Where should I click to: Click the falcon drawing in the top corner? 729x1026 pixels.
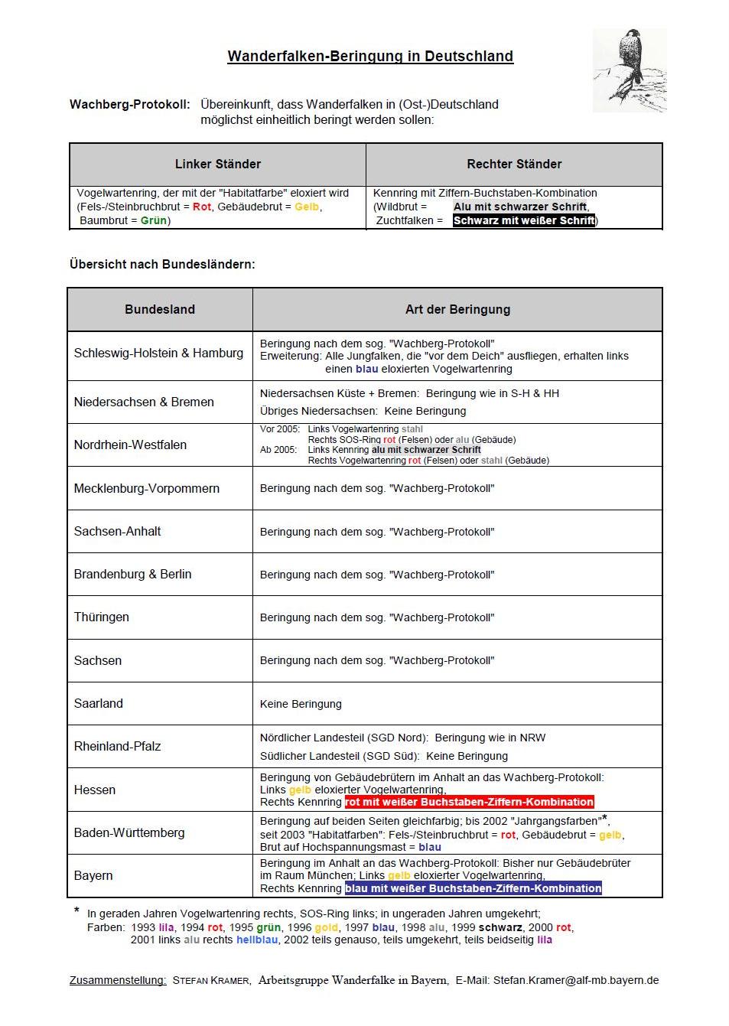point(630,71)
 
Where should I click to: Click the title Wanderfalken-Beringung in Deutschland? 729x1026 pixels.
point(370,56)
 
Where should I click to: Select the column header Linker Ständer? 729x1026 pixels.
point(218,164)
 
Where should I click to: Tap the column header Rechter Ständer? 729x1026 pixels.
point(514,164)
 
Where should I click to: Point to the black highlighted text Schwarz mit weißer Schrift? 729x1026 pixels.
point(524,220)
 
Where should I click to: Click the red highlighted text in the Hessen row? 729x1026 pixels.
point(469,802)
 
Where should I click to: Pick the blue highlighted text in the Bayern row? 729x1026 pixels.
point(473,888)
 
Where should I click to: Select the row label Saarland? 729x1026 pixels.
point(98,703)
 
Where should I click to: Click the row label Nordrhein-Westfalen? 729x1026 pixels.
point(130,445)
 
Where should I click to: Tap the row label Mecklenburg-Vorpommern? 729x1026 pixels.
point(146,488)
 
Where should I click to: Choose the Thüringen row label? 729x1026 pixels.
point(101,617)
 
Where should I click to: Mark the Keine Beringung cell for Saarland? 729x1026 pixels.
point(301,704)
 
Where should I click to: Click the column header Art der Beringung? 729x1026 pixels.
point(457,309)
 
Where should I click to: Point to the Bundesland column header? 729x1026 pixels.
point(160,309)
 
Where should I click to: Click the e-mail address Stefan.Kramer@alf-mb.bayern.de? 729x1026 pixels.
point(575,980)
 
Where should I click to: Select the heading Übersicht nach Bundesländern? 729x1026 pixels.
point(162,264)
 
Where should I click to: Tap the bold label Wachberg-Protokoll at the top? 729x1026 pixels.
point(129,104)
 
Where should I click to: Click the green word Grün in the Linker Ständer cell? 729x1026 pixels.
point(154,220)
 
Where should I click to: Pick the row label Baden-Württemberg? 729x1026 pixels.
point(129,832)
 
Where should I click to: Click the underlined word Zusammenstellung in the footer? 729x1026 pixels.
point(118,980)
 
